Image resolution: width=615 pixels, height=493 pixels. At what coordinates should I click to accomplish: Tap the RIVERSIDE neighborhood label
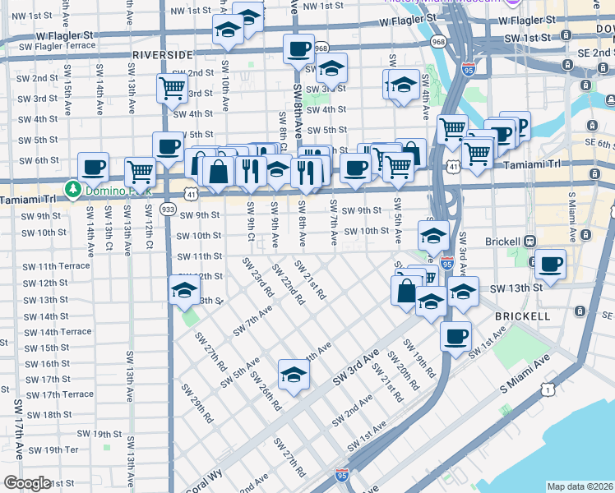(x=163, y=54)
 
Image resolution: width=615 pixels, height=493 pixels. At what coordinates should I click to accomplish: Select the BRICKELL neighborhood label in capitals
(x=523, y=316)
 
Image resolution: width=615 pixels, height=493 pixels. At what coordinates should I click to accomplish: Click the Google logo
(x=27, y=483)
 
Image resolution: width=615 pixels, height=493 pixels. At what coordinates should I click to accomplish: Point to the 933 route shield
(x=168, y=210)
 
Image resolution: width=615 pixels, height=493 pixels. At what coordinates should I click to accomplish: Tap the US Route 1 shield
(x=547, y=389)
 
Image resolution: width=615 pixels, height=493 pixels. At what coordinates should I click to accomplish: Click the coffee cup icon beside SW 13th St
(x=550, y=265)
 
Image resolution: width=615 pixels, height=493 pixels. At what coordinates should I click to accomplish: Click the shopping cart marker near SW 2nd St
(x=172, y=87)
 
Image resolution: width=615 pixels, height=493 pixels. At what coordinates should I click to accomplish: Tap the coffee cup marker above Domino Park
(x=93, y=167)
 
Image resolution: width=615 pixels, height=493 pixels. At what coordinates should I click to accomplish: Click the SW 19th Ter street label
(x=49, y=450)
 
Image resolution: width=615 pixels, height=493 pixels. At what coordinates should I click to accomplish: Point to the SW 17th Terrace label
(x=58, y=394)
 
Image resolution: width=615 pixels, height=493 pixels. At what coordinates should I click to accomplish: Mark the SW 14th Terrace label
(x=58, y=332)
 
